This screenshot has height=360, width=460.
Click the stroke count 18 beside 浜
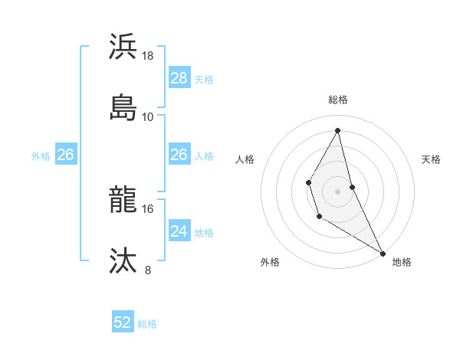(148, 56)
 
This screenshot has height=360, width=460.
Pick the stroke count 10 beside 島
(148, 116)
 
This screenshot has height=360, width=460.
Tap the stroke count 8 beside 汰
(148, 270)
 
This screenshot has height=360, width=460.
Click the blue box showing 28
(179, 78)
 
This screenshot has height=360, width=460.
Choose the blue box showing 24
(179, 231)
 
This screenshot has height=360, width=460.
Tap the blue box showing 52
(123, 323)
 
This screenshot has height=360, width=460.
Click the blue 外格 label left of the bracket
(41, 156)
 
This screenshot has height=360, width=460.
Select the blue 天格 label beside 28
(204, 80)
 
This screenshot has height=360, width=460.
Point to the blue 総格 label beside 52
(147, 324)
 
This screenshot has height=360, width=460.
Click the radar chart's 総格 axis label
(338, 100)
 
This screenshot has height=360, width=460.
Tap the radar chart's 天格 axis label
(432, 159)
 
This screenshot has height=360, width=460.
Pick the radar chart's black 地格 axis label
(402, 262)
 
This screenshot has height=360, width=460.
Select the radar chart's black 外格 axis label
(270, 262)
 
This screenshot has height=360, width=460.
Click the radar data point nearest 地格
(383, 253)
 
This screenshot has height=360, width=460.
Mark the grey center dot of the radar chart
(337, 190)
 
